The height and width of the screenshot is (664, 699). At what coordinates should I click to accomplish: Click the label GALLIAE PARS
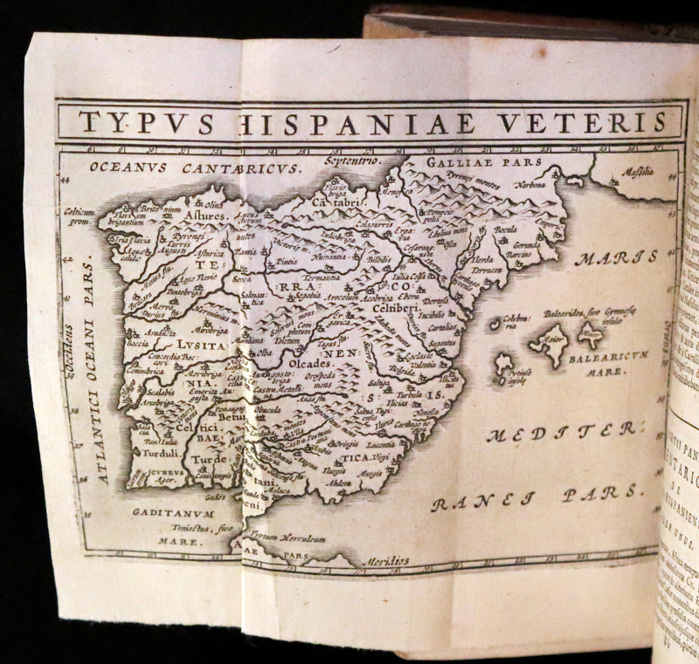(484, 162)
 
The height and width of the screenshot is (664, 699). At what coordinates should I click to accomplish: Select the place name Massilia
(639, 172)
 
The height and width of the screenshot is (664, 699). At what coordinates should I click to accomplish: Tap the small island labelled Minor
(591, 332)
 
